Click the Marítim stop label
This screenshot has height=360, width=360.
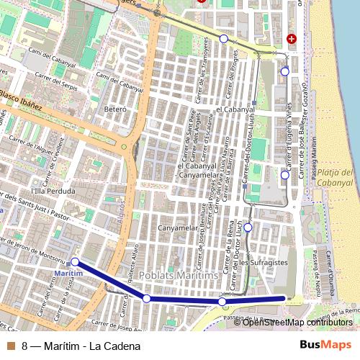[x=69, y=274]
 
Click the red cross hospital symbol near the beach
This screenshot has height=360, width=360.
[x=291, y=38]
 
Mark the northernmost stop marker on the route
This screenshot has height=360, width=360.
[x=224, y=38]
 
